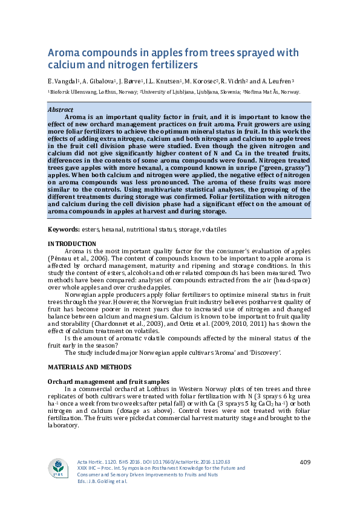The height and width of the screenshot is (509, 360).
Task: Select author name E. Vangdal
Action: coord(62,81)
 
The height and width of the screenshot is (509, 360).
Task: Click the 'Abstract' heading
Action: coord(61,109)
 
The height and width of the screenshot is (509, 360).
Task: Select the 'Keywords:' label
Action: coord(64,230)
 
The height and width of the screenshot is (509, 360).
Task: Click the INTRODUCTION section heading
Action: coord(71,243)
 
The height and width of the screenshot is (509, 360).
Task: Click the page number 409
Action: coord(305,462)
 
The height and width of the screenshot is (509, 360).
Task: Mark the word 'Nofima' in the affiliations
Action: coord(254,92)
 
